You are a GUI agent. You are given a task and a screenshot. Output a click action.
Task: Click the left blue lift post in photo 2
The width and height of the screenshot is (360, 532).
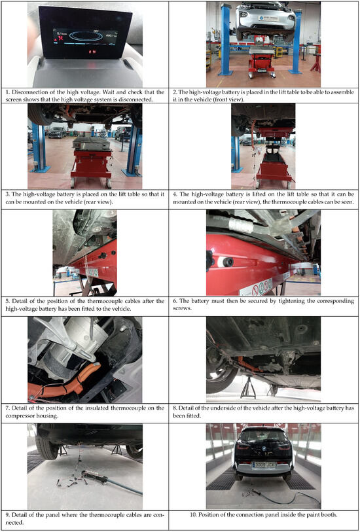pyautogui.click(x=226, y=40)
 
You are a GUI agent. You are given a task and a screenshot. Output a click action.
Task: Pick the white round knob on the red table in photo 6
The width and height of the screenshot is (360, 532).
pyautogui.click(x=225, y=261)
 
